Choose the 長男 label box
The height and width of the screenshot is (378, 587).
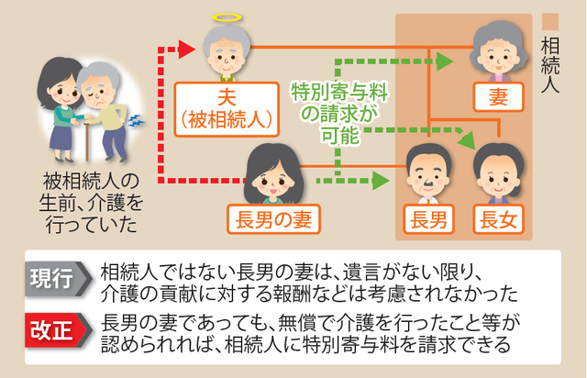pos(430,217)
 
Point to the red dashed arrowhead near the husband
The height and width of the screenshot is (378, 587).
pos(190,43)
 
